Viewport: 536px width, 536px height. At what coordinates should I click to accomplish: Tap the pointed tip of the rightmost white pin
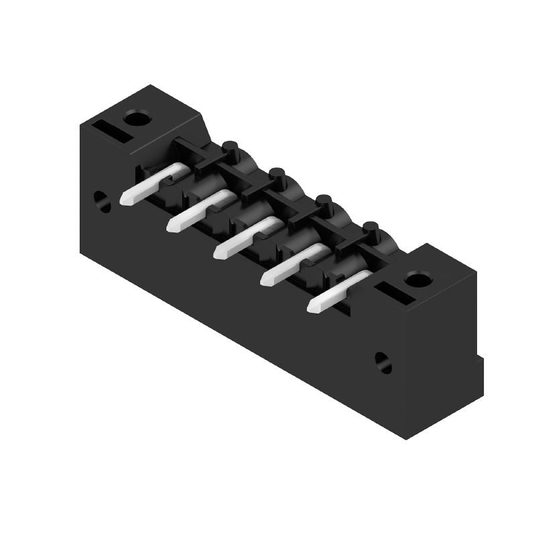[312, 308]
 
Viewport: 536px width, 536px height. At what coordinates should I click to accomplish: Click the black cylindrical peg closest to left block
[230, 149]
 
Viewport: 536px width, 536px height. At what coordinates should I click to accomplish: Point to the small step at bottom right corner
[480, 365]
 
